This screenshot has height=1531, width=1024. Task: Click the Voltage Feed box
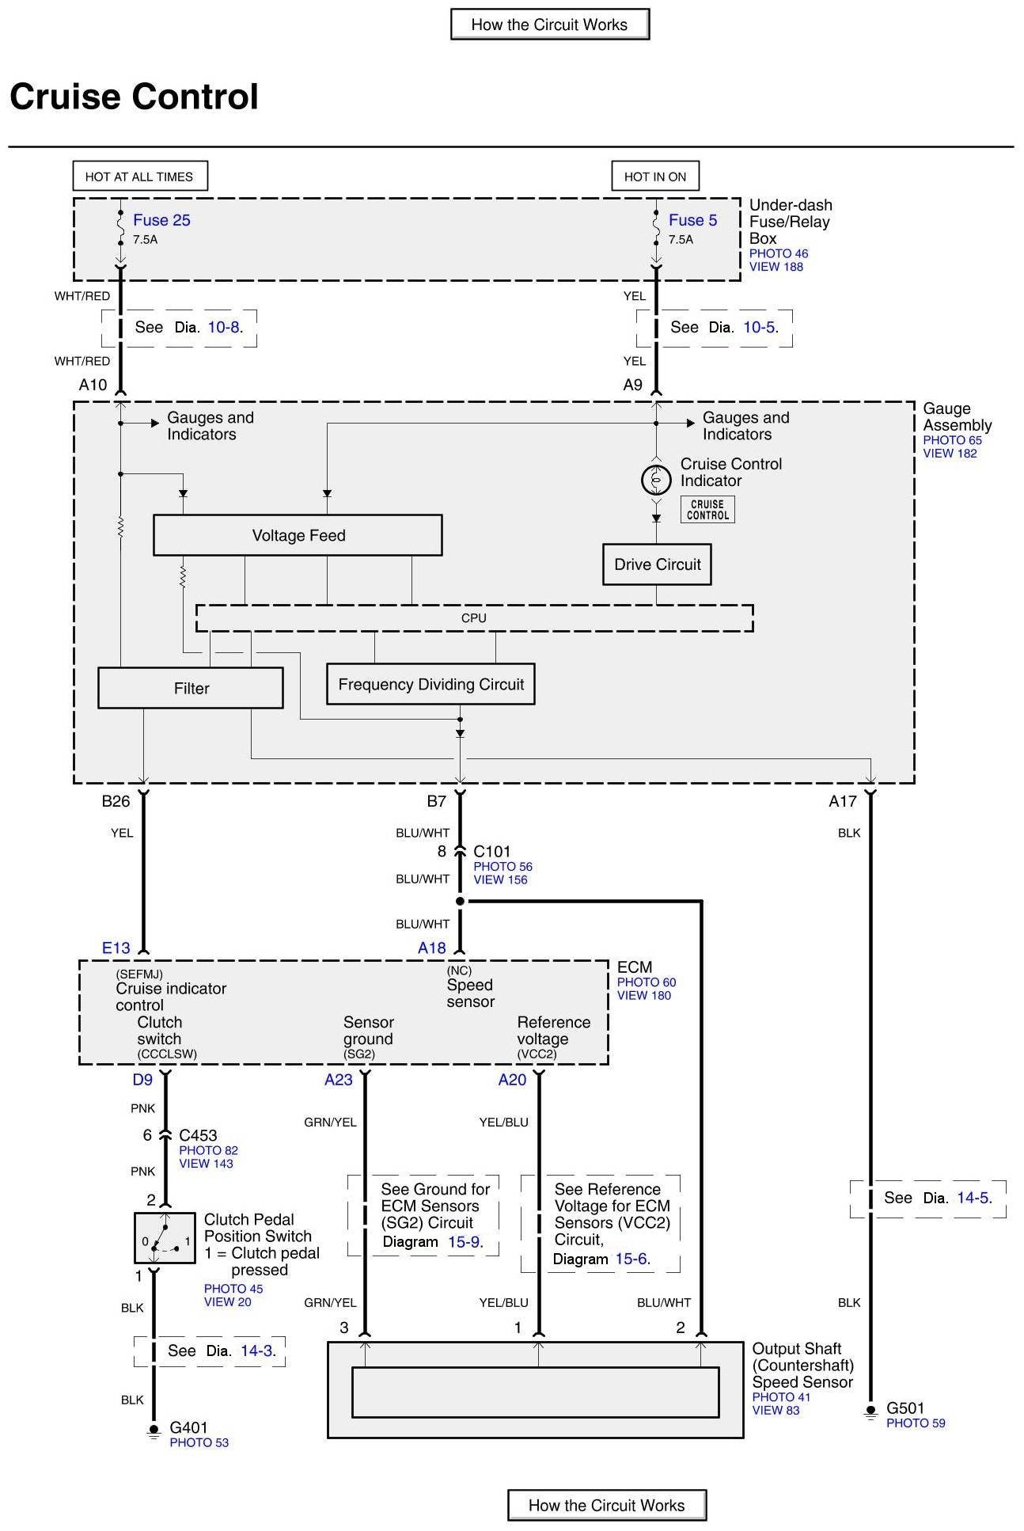[298, 536]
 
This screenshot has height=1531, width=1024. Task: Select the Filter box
[191, 689]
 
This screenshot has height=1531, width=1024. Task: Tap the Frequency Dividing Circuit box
[430, 685]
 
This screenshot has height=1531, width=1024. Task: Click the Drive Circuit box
[657, 564]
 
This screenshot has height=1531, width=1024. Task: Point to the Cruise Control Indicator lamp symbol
[656, 480]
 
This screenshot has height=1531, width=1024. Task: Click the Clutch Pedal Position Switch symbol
[165, 1237]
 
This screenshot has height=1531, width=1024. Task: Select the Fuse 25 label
[161, 221]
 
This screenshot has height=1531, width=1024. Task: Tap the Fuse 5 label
[692, 221]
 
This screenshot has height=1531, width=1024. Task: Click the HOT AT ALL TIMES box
[139, 177]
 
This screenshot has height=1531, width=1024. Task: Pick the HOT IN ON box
[655, 177]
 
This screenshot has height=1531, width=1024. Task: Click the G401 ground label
[188, 1427]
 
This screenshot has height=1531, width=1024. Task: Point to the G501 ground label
[905, 1408]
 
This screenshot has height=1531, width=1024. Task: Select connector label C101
[491, 852]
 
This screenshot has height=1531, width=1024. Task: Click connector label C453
[198, 1135]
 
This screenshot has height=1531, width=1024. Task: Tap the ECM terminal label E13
[116, 948]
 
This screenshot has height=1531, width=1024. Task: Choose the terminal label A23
[338, 1080]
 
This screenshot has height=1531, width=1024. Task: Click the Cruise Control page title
[134, 97]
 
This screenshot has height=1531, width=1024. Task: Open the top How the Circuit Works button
[549, 25]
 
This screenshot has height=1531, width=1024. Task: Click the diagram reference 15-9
[464, 1242]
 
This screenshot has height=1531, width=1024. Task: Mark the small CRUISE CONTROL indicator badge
[707, 510]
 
